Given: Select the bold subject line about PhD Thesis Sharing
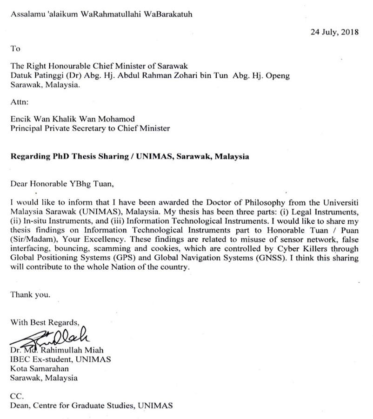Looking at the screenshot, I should click(129, 156).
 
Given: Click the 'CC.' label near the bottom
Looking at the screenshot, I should click(16, 396).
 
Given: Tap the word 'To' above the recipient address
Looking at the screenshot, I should click(15, 48).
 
